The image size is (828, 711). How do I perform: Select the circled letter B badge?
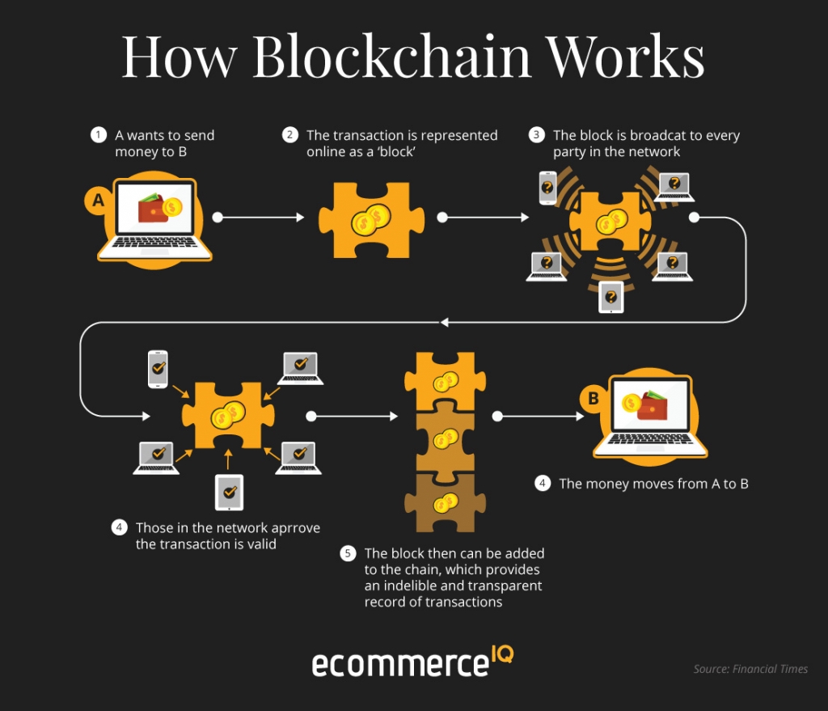pos(594,398)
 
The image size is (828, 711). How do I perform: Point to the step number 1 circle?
pos(99,135)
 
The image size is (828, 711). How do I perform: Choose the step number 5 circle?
pos(348,554)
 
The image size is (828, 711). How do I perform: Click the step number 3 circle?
pos(537,135)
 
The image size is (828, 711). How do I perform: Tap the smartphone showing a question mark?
pos(548,188)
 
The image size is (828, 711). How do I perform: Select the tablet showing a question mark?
pos(611,296)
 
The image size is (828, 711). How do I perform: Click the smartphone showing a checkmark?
pos(158,369)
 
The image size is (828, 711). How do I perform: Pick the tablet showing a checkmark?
pos(229,492)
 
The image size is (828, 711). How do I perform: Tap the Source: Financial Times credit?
pos(750,669)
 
